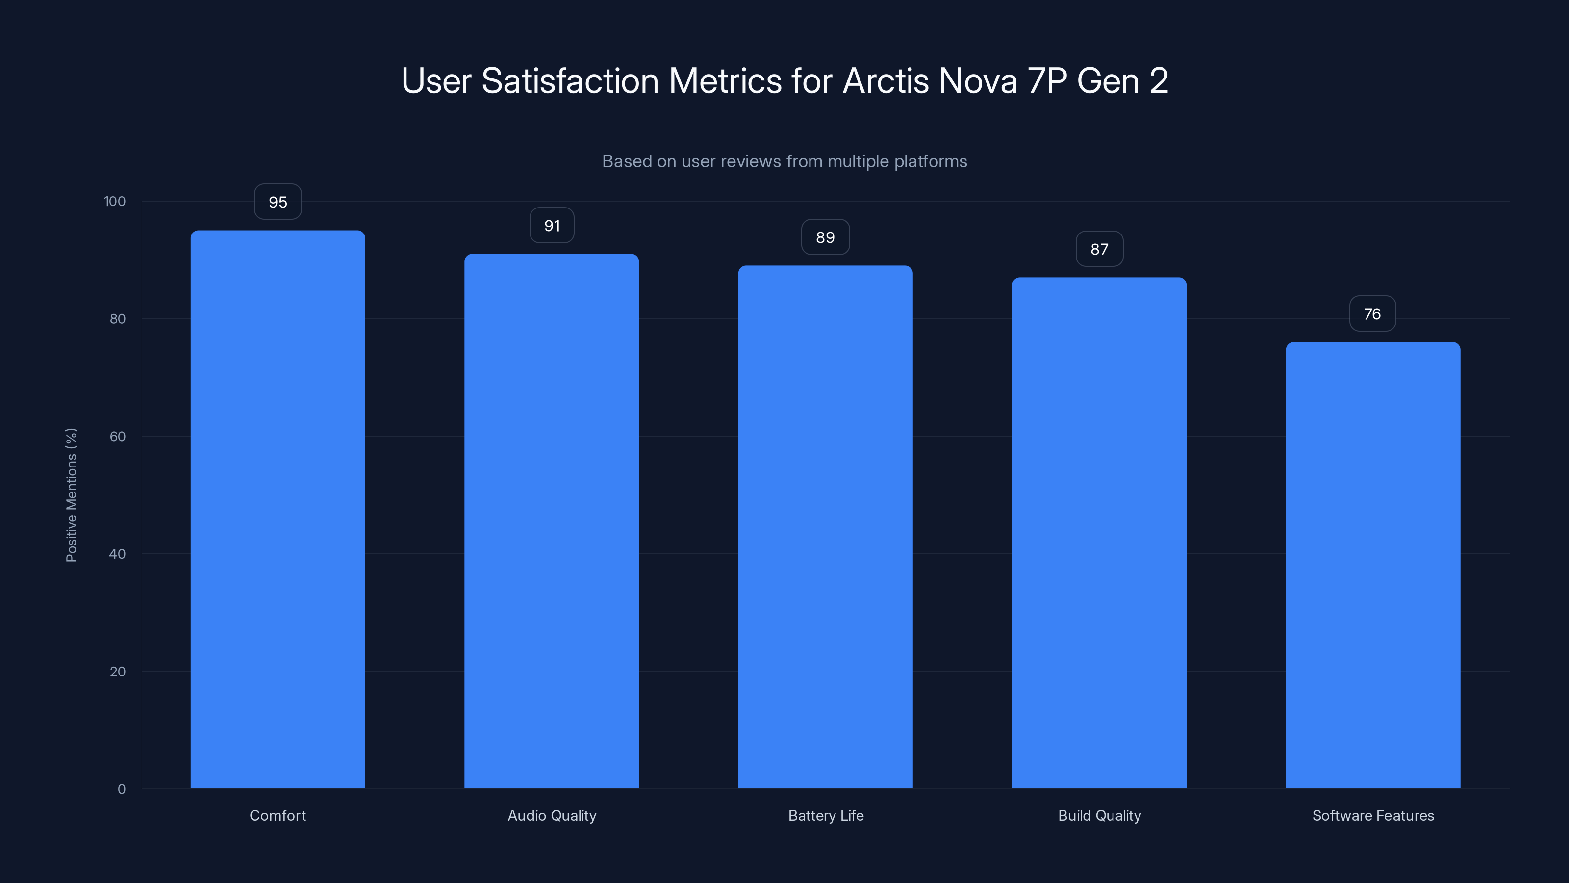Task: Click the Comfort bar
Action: click(278, 509)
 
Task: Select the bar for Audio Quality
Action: click(551, 521)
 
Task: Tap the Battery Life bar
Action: click(825, 527)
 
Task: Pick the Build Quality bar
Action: click(1099, 533)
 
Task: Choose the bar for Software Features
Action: click(1373, 565)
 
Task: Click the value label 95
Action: click(278, 202)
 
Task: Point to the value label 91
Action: click(552, 226)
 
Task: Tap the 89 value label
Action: click(825, 237)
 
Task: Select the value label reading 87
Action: click(1099, 249)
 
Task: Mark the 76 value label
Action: click(1372, 314)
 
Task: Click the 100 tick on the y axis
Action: click(115, 201)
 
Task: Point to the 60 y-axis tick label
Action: click(118, 436)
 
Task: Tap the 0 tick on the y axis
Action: click(121, 789)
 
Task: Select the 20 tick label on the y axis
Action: click(118, 672)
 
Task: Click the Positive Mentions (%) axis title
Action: click(71, 495)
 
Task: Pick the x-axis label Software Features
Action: click(1373, 815)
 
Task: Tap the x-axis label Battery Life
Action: click(825, 815)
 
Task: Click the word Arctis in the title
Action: click(886, 81)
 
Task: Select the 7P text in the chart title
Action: click(1047, 81)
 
